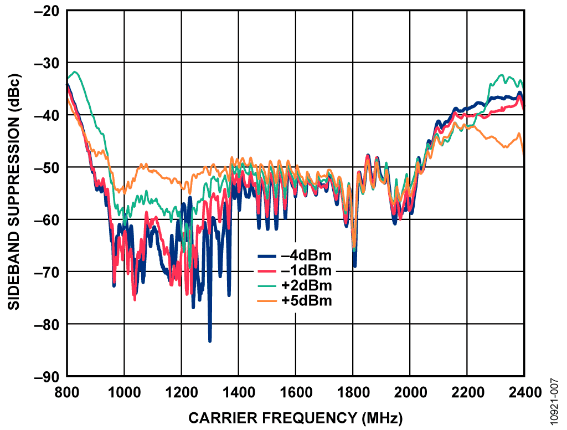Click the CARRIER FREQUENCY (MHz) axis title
point(296,417)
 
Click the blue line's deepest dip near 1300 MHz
point(210,341)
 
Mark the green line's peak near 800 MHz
point(74,71)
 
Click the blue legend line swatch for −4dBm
point(267,257)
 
